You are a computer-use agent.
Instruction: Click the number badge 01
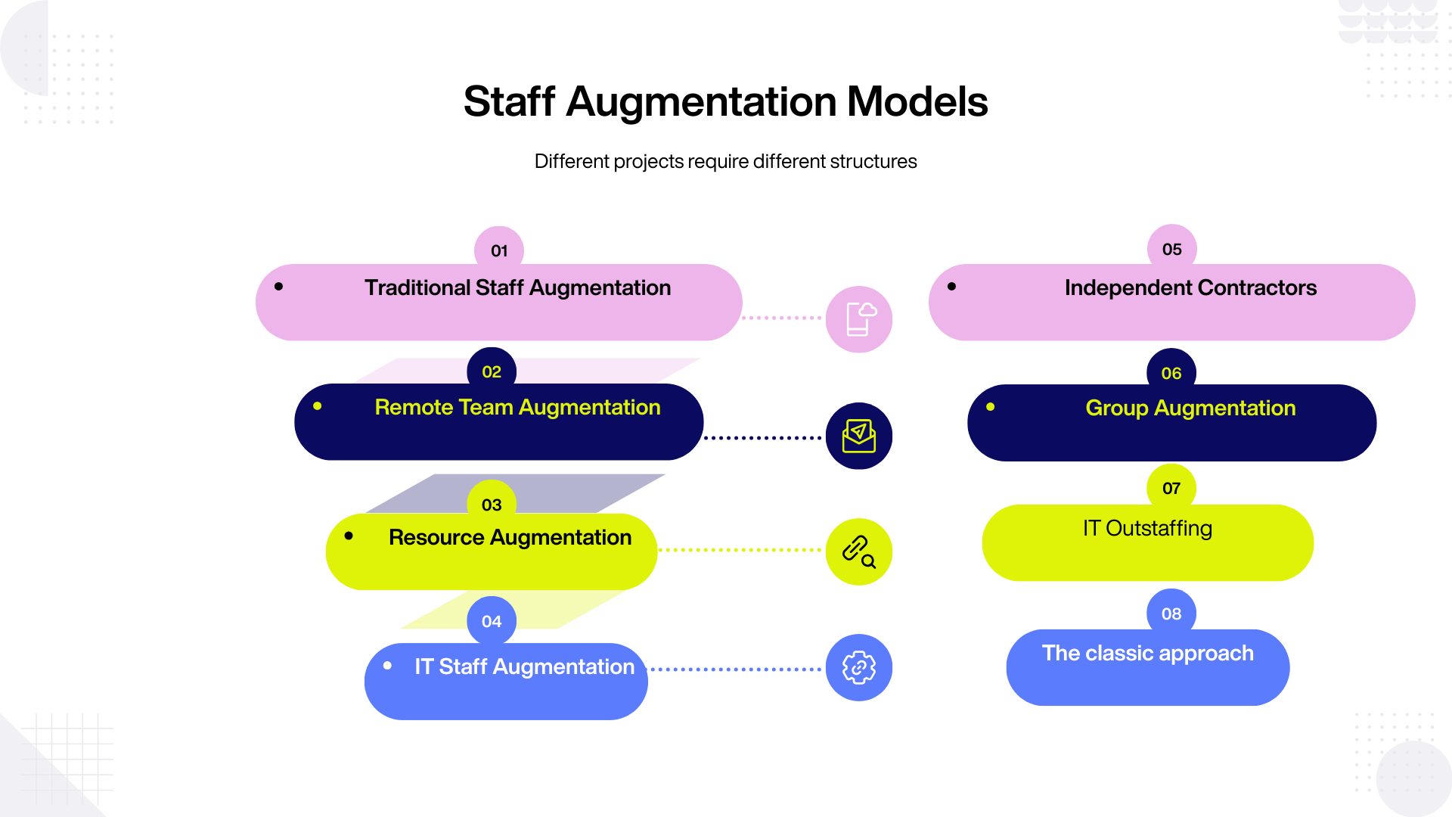(x=499, y=250)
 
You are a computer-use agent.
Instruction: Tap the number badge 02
(x=492, y=371)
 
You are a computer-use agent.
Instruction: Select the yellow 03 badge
(x=492, y=505)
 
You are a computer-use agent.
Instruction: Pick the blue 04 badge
(x=492, y=621)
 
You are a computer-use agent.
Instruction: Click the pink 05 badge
(x=1171, y=249)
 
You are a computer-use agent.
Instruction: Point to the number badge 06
(x=1171, y=373)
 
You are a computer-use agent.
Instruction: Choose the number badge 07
(x=1171, y=488)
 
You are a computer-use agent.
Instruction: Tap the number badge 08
(x=1171, y=614)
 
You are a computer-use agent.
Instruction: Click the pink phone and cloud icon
(x=859, y=319)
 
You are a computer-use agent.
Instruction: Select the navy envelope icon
(x=859, y=436)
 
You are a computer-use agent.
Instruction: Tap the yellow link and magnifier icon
(x=859, y=551)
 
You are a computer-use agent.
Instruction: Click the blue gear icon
(x=859, y=667)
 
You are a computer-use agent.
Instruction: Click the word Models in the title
(x=917, y=101)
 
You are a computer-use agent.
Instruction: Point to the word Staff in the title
(x=509, y=101)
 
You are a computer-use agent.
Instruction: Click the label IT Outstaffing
(x=1147, y=528)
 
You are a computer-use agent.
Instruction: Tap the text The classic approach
(x=1147, y=653)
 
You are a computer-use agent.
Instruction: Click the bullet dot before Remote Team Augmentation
(x=318, y=406)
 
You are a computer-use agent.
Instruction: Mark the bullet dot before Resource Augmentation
(x=349, y=536)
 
